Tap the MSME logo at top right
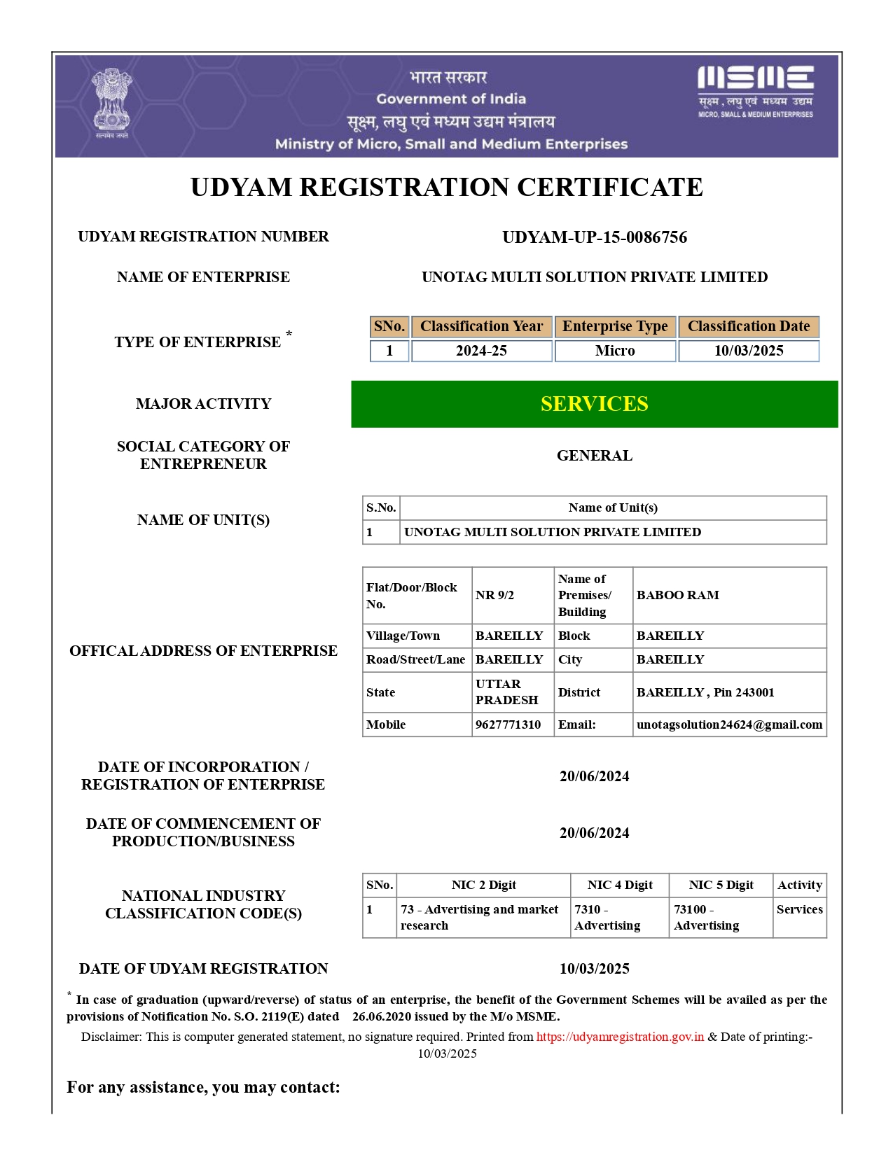755,91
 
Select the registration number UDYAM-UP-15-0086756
595,237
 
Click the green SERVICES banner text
594,404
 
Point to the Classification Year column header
481,326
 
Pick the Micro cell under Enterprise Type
615,351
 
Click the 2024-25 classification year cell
481,351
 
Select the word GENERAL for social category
594,456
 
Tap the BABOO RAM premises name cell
677,595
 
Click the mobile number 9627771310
508,724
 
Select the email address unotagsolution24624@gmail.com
729,724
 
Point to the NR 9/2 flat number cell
494,595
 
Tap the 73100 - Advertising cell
706,917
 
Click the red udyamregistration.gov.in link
620,1037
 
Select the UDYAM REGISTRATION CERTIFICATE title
446,188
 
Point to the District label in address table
579,692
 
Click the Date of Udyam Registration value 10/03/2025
594,969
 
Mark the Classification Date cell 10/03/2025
748,351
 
